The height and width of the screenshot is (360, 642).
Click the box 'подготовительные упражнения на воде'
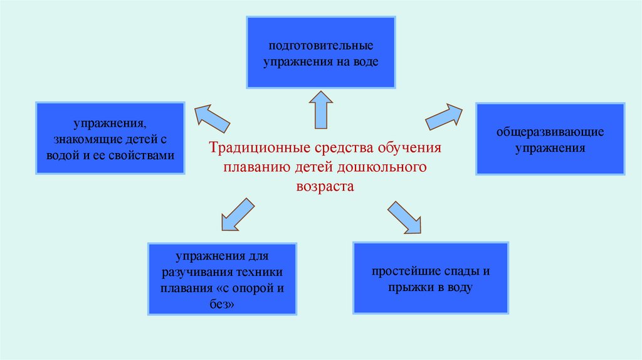point(320,52)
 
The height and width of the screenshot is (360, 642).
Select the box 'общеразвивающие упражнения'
point(550,139)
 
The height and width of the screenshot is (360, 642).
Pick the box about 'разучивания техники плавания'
point(222,278)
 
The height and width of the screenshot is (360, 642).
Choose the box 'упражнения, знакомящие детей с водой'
point(110,138)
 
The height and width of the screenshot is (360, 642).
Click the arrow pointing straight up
point(322,109)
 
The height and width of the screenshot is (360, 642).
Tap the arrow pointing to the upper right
point(444,117)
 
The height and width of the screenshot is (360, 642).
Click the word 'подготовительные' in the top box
point(321,46)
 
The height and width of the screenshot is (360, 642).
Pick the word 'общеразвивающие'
point(550,132)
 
